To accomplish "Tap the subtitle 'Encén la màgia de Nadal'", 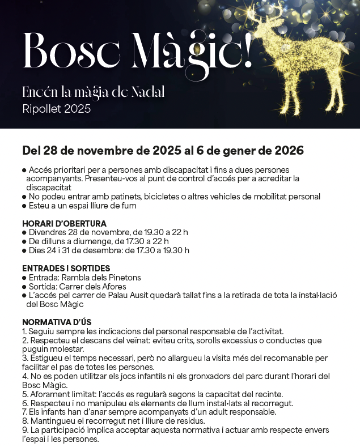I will point(93,92).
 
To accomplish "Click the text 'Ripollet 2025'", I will point(56,109).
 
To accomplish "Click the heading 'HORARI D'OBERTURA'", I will point(64,223).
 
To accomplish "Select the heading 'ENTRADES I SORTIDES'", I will point(66,268).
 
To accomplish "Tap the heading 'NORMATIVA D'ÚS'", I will point(57,322).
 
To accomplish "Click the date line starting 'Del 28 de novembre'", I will point(163,151).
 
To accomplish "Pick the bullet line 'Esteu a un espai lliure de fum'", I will point(82,206).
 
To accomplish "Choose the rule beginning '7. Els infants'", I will point(149,411).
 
